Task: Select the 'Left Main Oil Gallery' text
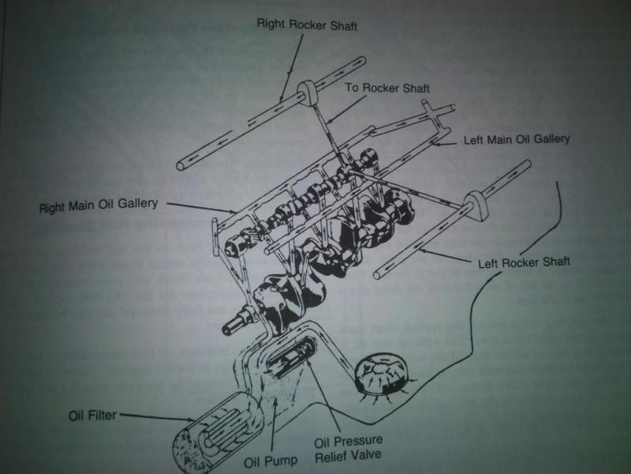517,139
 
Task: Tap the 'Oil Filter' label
90,413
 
